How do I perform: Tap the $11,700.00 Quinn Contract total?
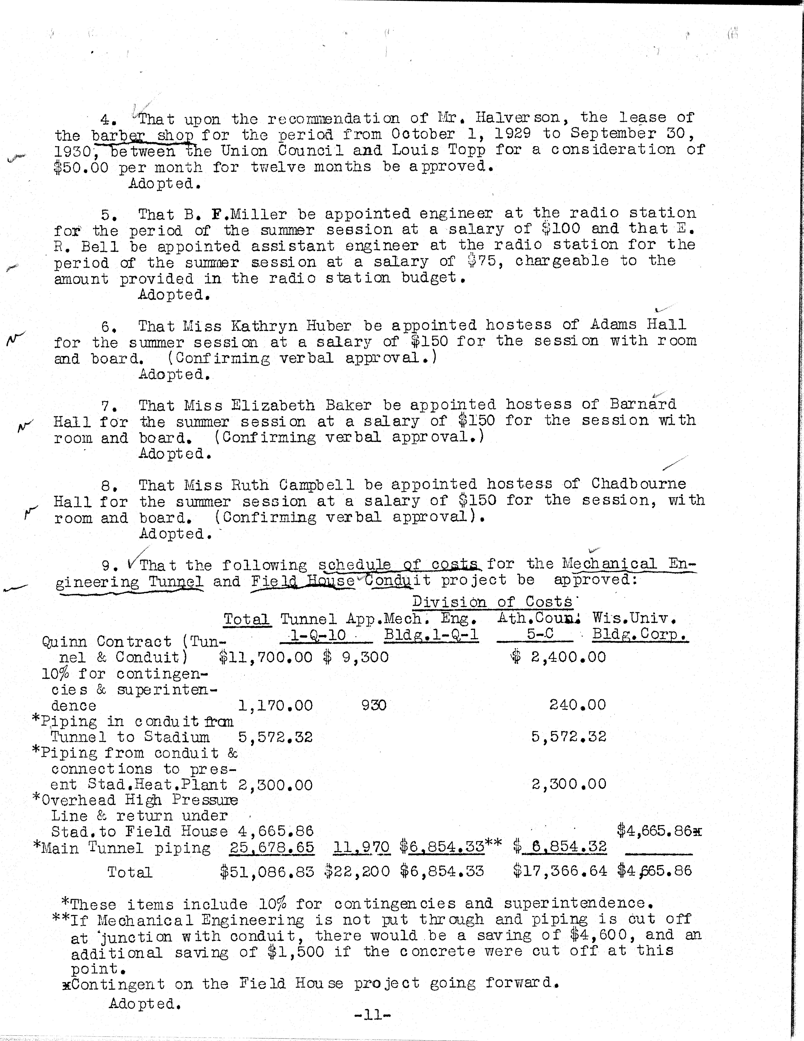[x=266, y=657]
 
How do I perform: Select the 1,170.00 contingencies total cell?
[x=276, y=705]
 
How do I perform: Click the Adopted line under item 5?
[x=174, y=295]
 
